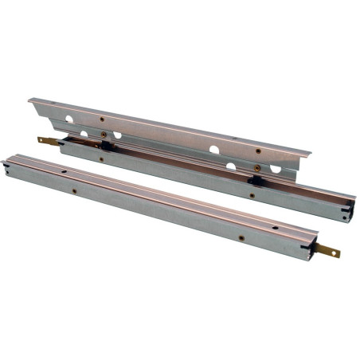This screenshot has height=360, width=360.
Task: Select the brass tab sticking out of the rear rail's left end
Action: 49,142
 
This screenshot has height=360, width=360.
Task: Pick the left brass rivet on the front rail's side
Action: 74,191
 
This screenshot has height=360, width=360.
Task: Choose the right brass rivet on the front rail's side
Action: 241,237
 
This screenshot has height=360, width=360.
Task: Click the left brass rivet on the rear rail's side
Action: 101,158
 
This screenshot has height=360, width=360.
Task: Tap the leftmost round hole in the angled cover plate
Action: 70,119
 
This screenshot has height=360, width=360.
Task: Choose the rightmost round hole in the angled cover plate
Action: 275,169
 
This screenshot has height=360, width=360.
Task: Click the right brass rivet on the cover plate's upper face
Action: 257,151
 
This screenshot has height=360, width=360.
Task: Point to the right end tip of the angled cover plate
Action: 311,155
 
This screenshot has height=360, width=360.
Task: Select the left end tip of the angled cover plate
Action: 29,100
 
